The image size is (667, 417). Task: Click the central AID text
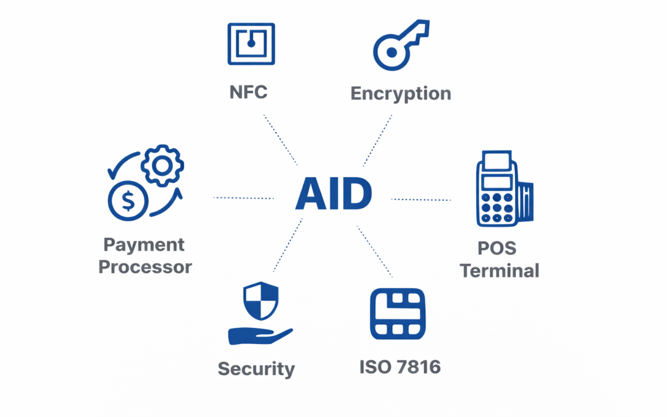pyautogui.click(x=333, y=193)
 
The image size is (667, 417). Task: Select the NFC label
pyautogui.click(x=248, y=93)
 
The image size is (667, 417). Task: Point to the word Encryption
pyautogui.click(x=401, y=94)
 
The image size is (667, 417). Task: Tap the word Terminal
pyautogui.click(x=500, y=271)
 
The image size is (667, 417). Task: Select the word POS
pyautogui.click(x=497, y=248)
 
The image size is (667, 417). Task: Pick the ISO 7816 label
pyautogui.click(x=400, y=367)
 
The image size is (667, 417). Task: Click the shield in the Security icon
pyautogui.click(x=261, y=301)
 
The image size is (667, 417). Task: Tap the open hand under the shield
pyautogui.click(x=259, y=335)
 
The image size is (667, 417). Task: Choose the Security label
pyautogui.click(x=256, y=369)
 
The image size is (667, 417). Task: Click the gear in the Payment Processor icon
pyautogui.click(x=162, y=166)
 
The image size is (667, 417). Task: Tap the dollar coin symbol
pyautogui.click(x=128, y=200)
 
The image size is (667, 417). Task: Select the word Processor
pyautogui.click(x=146, y=267)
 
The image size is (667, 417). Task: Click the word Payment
pyautogui.click(x=144, y=245)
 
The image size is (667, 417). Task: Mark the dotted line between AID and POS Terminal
pyautogui.click(x=421, y=200)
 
